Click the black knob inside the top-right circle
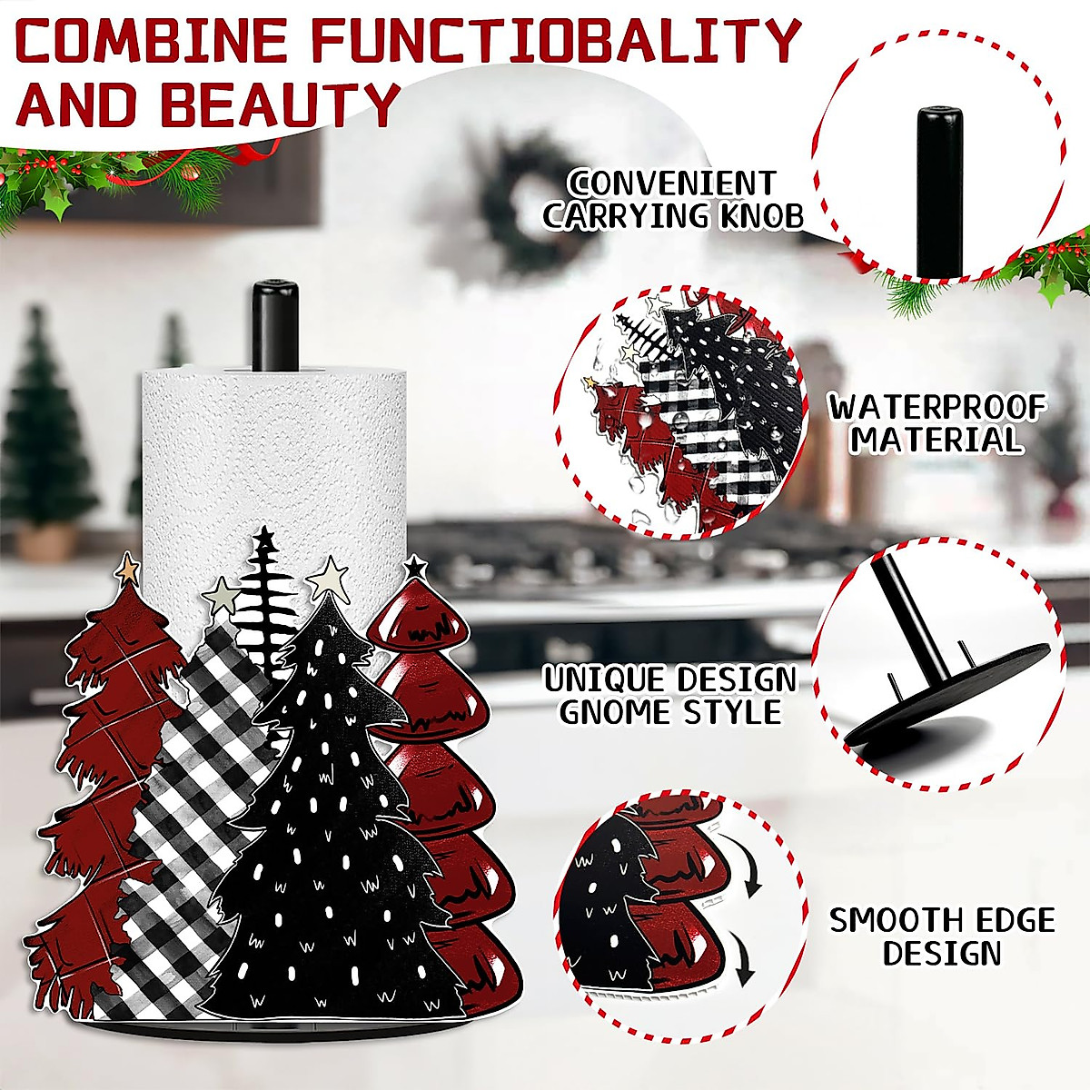(x=938, y=191)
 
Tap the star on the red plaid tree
(x=127, y=569)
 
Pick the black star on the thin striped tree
(x=264, y=539)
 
